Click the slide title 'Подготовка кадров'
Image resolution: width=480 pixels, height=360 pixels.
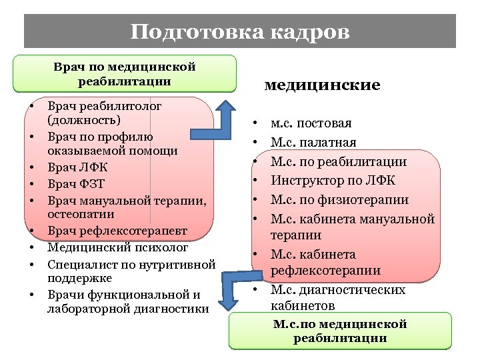(240, 32)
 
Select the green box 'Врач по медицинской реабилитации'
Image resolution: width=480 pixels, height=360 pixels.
(125, 74)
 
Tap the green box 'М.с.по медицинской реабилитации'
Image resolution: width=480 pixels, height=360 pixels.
(340, 331)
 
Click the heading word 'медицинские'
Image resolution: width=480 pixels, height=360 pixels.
(322, 85)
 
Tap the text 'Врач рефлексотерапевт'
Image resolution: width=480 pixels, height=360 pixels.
(117, 231)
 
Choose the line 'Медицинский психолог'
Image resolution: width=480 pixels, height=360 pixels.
(118, 247)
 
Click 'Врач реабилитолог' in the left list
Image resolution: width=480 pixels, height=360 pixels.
(105, 105)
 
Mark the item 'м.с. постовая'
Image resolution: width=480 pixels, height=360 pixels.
(311, 123)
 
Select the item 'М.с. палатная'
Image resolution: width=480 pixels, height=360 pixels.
(313, 143)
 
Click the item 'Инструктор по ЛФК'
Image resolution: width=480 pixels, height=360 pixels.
(333, 181)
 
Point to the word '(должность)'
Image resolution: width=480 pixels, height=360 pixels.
(84, 121)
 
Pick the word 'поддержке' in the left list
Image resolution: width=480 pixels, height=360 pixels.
(79, 279)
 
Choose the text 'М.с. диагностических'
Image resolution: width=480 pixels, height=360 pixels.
(337, 290)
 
